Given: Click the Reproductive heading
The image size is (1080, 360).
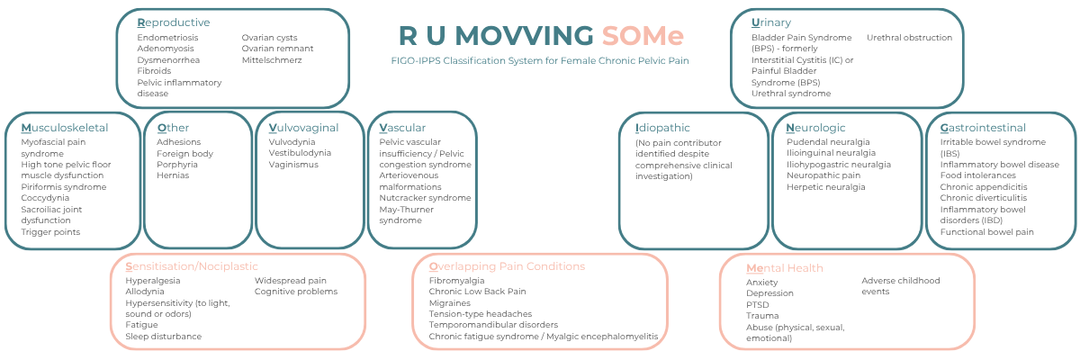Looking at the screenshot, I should coord(174,22).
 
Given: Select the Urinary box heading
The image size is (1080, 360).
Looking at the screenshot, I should coord(773,22).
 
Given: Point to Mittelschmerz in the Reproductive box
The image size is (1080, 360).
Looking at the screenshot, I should coord(272,60).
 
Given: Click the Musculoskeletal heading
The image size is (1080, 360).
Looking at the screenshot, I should coord(64,128).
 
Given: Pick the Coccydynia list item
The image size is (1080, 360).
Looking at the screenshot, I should coord(46,198).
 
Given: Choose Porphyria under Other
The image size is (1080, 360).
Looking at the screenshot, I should coord(176,165).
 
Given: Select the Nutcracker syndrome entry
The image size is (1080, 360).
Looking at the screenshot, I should coord(425,198).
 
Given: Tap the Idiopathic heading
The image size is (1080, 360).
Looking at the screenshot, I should coord(662,128).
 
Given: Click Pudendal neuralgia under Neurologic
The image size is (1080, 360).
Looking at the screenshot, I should coord(828,142).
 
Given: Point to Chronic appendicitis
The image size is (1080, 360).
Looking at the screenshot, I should coord(984,187).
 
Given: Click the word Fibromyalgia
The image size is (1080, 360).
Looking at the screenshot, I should coord(456,281).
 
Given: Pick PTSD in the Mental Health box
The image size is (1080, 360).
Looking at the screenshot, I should coord(757,304).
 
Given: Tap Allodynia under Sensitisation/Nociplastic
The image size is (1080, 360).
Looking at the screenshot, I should coord(145,292).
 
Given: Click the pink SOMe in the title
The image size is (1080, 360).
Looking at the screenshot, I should coord(643,36).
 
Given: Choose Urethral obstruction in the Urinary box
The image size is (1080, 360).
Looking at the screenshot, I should coord(909,38).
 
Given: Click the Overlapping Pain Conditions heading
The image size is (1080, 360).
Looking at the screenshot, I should coord(507,266).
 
